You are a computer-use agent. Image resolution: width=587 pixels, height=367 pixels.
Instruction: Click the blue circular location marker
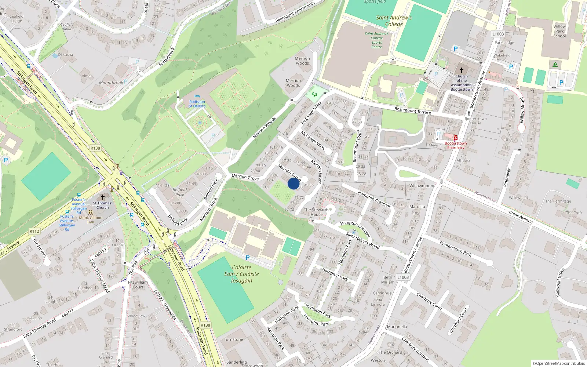point(293,183)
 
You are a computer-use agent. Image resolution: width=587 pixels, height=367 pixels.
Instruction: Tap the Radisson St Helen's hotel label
point(197,104)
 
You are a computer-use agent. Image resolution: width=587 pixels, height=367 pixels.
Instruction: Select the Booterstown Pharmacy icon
point(455,138)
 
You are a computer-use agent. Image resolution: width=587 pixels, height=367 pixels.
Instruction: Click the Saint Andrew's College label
point(394,21)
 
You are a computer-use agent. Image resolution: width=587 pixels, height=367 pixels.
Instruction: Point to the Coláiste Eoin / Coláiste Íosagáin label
point(241,274)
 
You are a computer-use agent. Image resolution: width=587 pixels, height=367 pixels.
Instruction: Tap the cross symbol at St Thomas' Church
point(103,197)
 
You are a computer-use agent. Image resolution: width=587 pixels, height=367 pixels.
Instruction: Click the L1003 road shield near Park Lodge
point(498,34)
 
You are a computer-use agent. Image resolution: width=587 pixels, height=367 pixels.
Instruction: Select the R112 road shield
point(34,231)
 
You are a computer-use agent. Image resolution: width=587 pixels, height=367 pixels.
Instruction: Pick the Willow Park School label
point(559,31)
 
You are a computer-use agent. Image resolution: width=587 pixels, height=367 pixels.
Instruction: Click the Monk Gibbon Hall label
point(91,219)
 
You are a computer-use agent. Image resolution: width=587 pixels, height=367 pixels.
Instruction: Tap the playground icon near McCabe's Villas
point(314,94)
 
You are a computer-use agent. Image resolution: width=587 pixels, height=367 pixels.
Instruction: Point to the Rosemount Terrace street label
point(412,111)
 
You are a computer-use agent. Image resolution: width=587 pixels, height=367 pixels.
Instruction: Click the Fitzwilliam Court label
point(138,285)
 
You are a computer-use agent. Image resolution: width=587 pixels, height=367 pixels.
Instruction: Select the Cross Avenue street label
point(521,217)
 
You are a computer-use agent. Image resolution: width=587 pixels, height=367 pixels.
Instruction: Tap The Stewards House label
point(316,212)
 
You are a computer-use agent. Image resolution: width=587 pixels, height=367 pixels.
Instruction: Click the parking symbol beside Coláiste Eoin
point(247,258)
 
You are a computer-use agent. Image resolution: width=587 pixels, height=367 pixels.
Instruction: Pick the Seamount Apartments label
point(295,12)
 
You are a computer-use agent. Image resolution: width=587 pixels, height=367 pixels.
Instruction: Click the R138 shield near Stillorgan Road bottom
point(205,325)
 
